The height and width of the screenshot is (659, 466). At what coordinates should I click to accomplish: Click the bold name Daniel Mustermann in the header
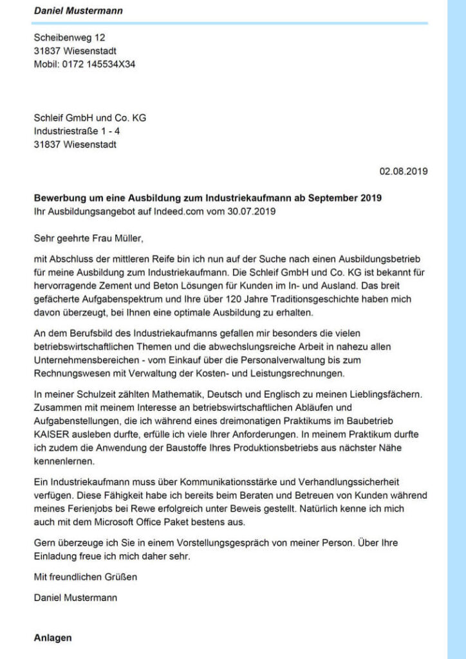coord(79,11)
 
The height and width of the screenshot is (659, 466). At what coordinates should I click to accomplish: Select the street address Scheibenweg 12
coord(64,38)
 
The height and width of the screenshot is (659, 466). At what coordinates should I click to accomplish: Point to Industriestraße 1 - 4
coord(77,131)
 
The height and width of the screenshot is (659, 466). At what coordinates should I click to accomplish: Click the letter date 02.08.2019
coord(404,171)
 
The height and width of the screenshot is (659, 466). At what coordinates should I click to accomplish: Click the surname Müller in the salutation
coord(124,239)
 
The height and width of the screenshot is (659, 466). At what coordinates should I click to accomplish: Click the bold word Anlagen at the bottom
coord(53,638)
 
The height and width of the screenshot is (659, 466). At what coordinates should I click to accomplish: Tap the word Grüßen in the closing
coord(122,577)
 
